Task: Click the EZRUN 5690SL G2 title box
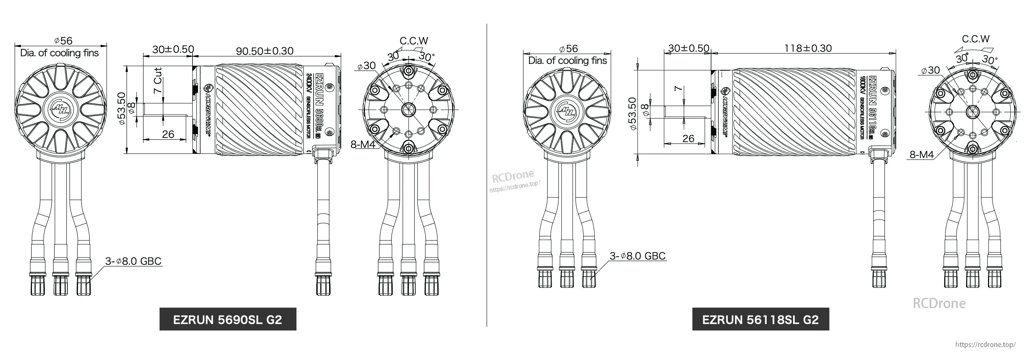coord(228,319)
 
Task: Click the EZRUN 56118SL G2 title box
coord(760,319)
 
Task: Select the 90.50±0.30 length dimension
coord(264,51)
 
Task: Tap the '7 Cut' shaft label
coord(158,80)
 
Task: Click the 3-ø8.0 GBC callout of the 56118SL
coord(637,256)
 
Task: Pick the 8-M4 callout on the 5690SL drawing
coord(363,145)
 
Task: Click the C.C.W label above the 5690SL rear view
coord(414,41)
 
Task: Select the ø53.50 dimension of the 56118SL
coord(632,113)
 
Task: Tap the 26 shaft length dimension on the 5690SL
coord(168,134)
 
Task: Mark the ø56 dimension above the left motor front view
coord(64,41)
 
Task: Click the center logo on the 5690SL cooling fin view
coord(61,108)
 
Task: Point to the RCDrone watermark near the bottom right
coord(939,303)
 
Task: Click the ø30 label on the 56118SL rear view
coord(931,71)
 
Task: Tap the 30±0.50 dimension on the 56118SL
coord(688,48)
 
